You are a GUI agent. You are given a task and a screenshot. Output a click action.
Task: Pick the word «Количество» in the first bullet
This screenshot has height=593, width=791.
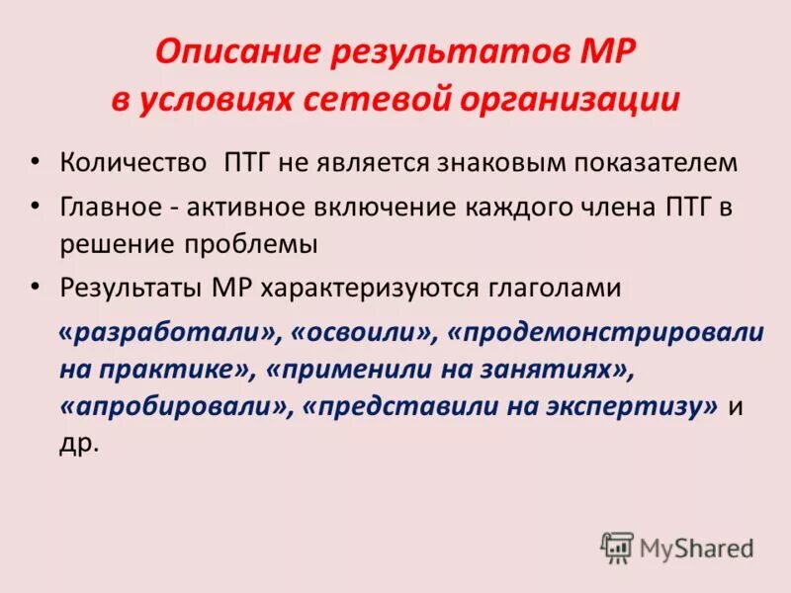click(x=132, y=162)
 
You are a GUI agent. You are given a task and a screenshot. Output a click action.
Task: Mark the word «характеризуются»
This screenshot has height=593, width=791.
click(x=373, y=288)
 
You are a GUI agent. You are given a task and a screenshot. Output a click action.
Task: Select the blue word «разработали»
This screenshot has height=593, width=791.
click(x=169, y=333)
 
